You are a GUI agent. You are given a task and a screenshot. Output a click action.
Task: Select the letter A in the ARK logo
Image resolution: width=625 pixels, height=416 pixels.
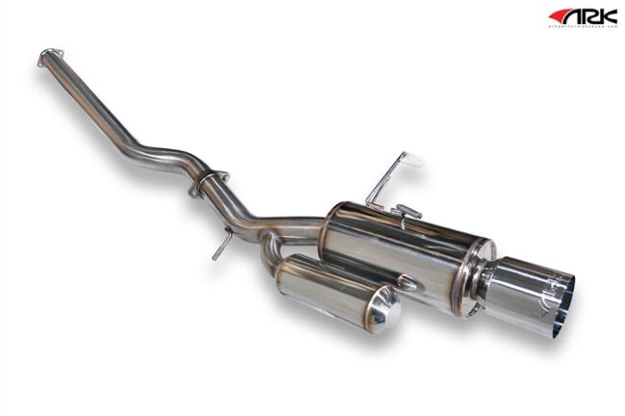click(574, 16)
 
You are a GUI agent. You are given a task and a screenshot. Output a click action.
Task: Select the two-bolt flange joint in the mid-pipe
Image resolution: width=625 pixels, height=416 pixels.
click(209, 184)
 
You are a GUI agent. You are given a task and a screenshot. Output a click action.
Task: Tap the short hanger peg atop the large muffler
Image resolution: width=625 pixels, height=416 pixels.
click(408, 210)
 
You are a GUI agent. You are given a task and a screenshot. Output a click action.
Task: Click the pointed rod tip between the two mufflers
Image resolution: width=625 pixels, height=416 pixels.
click(414, 283)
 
